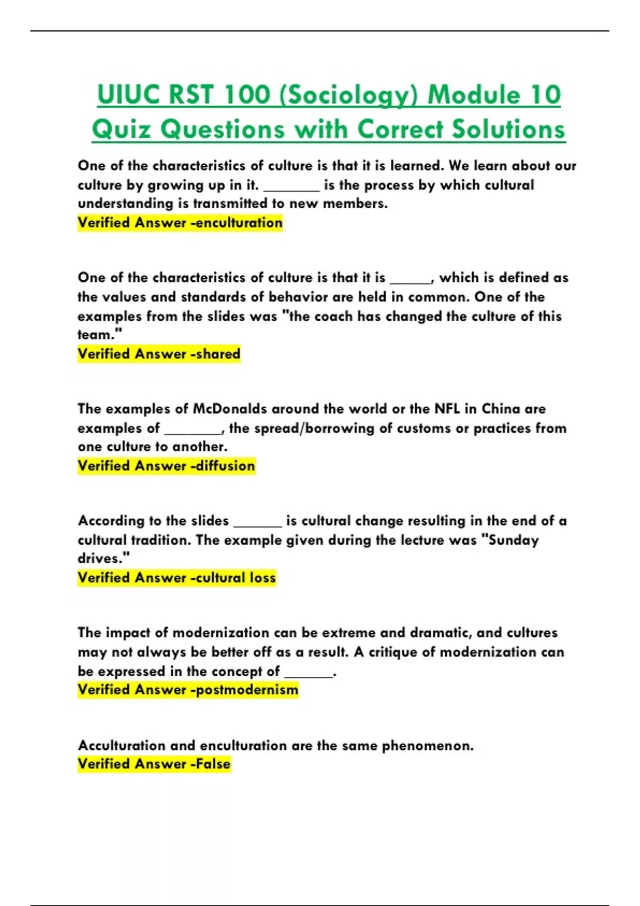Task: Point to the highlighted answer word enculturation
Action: pyautogui.click(x=239, y=223)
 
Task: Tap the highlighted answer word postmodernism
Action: pyautogui.click(x=247, y=690)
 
